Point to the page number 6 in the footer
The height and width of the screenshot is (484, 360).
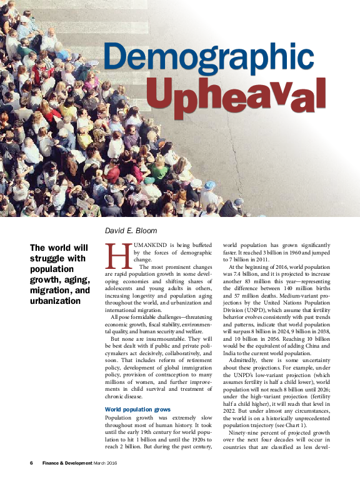(x=31, y=463)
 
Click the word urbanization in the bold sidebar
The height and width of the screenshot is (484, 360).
(x=56, y=301)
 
